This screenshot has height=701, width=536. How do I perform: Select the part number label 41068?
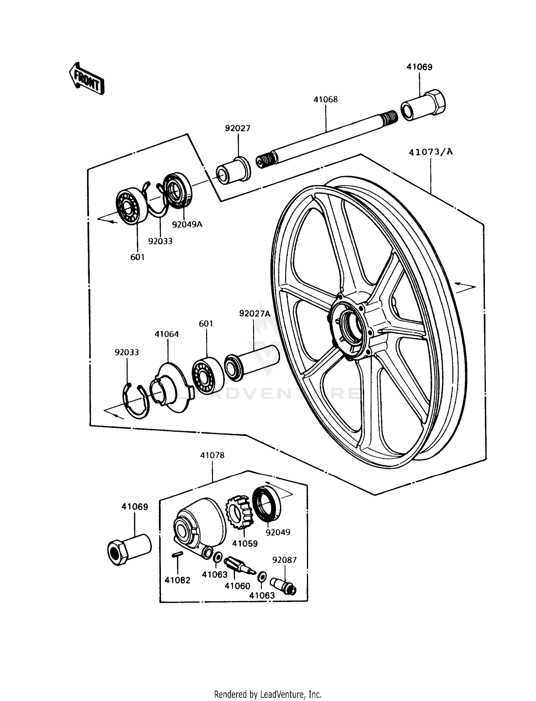(326, 99)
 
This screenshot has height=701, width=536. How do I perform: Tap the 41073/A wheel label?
(431, 152)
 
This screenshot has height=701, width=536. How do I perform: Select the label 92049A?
(187, 224)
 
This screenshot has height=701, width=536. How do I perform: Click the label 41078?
(212, 455)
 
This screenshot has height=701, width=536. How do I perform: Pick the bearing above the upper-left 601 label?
(131, 205)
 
